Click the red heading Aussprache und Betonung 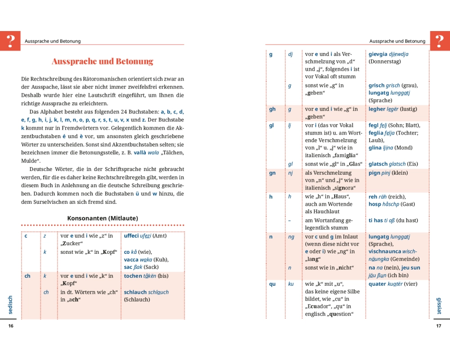coord(103,61)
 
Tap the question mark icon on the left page coord(10,40)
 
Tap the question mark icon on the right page coord(439,40)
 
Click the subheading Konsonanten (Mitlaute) coord(103,218)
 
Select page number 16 coord(11,326)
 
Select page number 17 coord(439,326)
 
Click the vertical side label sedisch coord(10,305)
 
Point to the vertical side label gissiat coord(439,306)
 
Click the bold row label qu coord(272,284)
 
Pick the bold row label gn coord(272,173)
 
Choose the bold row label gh coord(272,109)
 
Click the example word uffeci coord(131,236)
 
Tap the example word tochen coord(133,276)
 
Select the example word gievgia coord(378,54)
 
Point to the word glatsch coord(378,164)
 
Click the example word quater coord(378,284)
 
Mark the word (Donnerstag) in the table coord(384,62)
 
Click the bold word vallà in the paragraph coord(136,153)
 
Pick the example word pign coord(374,173)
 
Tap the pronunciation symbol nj coord(290,173)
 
